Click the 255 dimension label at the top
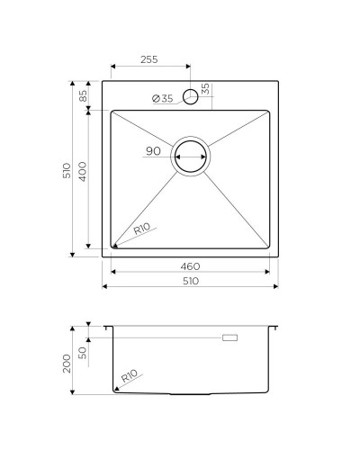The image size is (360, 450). [149, 59]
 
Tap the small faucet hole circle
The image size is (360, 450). [190, 96]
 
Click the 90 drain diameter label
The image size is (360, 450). [153, 150]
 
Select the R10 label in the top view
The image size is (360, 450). [141, 229]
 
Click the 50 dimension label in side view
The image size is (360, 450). [84, 352]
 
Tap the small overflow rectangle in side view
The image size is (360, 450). [230, 337]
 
